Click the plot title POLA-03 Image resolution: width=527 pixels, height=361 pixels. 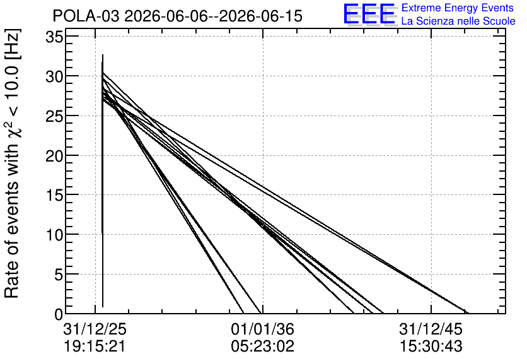click(x=86, y=16)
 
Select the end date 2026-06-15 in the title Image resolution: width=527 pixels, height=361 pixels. click(x=260, y=16)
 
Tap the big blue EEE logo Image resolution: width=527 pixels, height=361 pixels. click(x=369, y=14)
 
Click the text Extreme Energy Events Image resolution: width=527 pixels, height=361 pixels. click(x=458, y=8)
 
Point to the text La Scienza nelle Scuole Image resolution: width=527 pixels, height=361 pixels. click(x=458, y=21)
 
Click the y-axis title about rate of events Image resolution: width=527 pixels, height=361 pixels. click(x=12, y=163)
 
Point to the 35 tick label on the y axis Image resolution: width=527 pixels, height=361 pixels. click(x=54, y=37)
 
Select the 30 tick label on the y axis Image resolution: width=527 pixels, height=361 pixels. click(x=54, y=76)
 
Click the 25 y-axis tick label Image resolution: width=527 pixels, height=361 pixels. click(x=54, y=115)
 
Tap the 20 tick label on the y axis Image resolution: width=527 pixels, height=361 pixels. click(x=54, y=155)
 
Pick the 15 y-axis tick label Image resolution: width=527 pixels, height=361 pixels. click(x=54, y=195)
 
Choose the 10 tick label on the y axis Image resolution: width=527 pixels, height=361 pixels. click(x=54, y=235)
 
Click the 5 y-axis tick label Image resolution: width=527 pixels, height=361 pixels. click(x=59, y=274)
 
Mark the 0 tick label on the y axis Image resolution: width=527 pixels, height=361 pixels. click(x=59, y=314)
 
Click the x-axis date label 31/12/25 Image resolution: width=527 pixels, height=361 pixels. click(x=95, y=329)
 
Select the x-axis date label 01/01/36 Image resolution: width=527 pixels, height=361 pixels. click(x=262, y=329)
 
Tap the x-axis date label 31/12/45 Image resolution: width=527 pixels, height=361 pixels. click(x=431, y=329)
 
